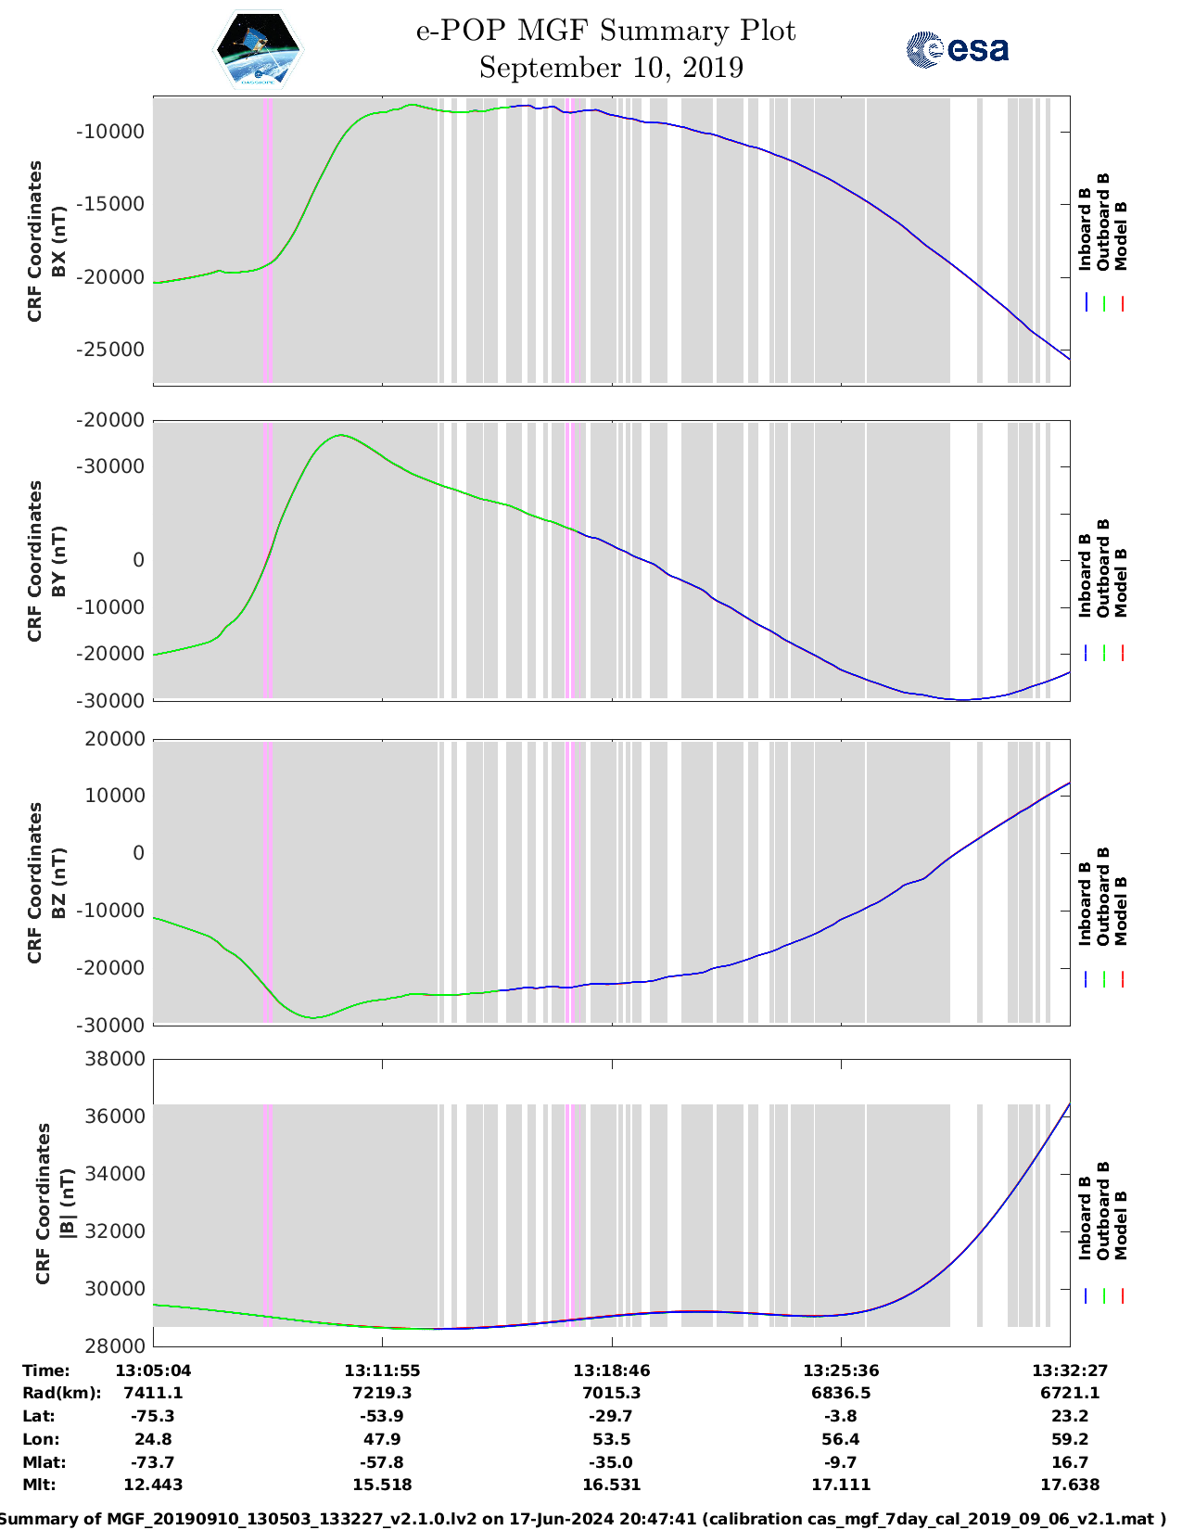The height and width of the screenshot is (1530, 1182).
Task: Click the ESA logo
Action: [957, 49]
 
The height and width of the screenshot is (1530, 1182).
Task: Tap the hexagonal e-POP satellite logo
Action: [259, 49]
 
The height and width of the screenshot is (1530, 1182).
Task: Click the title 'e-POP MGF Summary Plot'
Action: [605, 32]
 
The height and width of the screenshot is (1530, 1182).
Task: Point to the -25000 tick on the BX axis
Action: [109, 350]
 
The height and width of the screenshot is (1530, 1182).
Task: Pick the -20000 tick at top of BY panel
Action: [109, 421]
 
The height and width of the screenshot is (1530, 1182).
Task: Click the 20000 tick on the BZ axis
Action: [115, 739]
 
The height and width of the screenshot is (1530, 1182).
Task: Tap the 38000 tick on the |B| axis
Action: [115, 1059]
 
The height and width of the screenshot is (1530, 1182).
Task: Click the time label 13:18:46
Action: [611, 1371]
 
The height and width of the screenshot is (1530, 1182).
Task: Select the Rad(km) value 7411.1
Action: [153, 1393]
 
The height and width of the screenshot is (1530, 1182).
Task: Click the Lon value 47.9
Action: [382, 1439]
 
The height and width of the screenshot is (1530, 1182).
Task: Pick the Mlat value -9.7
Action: [841, 1462]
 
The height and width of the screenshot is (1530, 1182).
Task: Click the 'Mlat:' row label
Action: [42, 1462]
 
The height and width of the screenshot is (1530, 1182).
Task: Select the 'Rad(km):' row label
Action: [61, 1393]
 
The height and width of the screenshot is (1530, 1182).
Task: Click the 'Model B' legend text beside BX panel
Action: [1121, 236]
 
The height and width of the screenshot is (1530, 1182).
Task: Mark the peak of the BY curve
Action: [341, 434]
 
